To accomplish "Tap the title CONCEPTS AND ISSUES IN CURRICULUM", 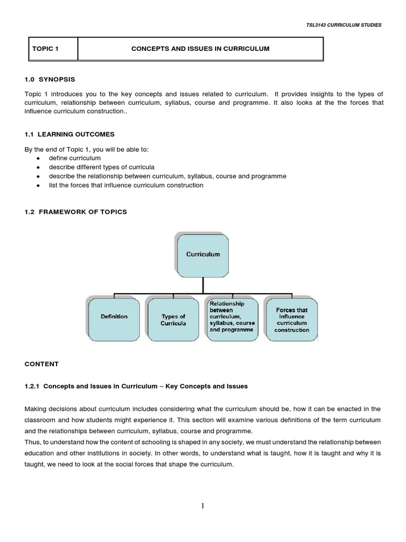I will (x=200, y=49).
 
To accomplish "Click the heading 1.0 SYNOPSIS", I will (x=50, y=79).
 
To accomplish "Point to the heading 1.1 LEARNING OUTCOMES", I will (x=69, y=134).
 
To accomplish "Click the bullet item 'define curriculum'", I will (x=75, y=158).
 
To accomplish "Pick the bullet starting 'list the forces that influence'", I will (x=126, y=185).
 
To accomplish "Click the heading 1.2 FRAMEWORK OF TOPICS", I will (x=76, y=212).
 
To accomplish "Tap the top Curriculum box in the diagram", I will (x=203, y=255).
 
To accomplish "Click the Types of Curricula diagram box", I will (x=173, y=319).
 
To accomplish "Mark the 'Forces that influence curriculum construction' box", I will (x=291, y=319).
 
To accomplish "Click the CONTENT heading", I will (x=42, y=364).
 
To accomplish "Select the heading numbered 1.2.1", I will (x=136, y=386).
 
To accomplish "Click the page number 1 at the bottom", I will (x=203, y=506).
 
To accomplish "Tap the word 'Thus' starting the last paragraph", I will (x=32, y=442).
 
